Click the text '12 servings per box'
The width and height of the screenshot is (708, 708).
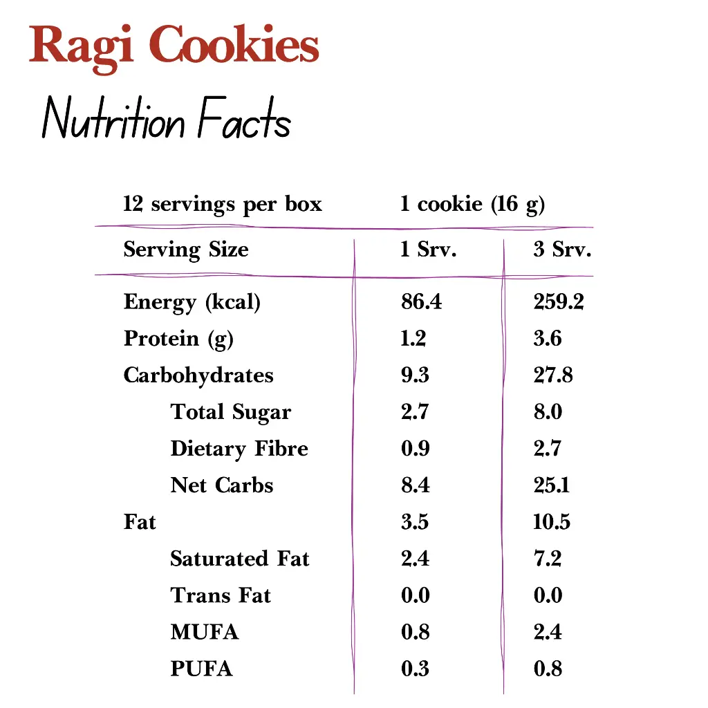(223, 205)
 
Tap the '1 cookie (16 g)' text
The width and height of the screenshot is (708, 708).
(472, 205)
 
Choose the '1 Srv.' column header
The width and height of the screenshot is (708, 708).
(429, 250)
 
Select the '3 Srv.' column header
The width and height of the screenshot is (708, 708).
(562, 250)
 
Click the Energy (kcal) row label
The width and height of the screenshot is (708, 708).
(192, 302)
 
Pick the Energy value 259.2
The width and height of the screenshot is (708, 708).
(559, 302)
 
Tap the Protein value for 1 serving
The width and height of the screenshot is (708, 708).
(413, 339)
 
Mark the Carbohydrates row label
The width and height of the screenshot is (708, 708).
(198, 375)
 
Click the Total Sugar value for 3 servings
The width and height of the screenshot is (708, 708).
(548, 412)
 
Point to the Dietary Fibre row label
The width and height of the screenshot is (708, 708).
(239, 449)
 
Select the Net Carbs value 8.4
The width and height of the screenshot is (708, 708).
(415, 485)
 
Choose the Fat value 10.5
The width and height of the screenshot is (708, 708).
(551, 522)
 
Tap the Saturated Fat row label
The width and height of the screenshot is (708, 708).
(239, 559)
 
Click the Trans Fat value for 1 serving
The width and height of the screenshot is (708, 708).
(415, 595)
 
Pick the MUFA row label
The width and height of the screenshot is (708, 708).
(204, 632)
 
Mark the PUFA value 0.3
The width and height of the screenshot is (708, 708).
(415, 669)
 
